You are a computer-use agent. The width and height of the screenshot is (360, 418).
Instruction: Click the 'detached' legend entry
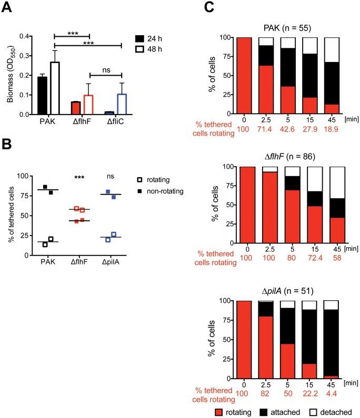[x=336, y=412]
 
